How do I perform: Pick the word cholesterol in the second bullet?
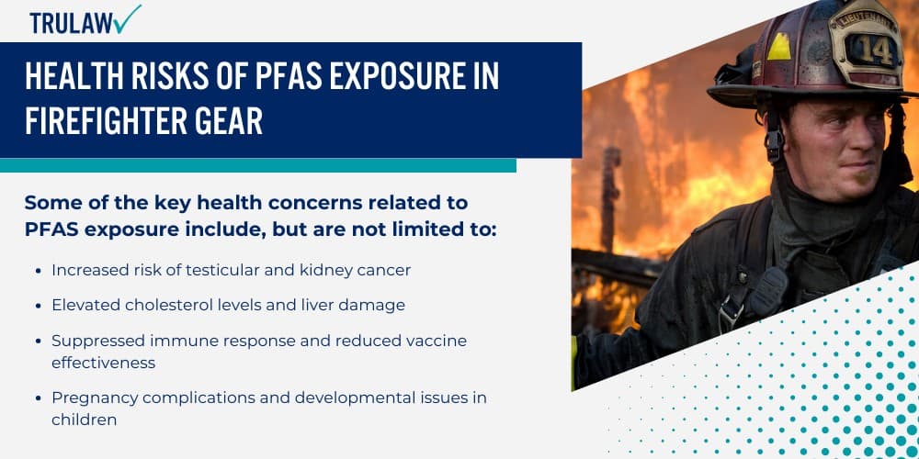[175, 305]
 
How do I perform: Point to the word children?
[85, 420]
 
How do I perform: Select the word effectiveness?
[104, 363]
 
